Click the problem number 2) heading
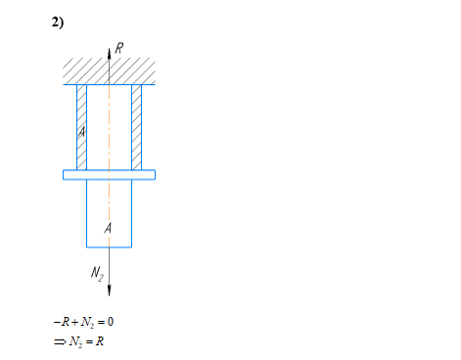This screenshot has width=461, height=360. (58, 22)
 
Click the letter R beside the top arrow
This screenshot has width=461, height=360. (119, 48)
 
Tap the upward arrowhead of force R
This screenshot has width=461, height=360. (110, 54)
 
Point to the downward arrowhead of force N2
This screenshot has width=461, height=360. (110, 291)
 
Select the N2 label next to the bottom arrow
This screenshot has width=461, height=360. (97, 273)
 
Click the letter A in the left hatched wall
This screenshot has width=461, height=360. (81, 132)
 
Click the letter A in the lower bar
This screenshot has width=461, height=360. (108, 228)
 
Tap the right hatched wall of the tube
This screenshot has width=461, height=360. (137, 127)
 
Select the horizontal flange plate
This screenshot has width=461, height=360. (109, 175)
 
